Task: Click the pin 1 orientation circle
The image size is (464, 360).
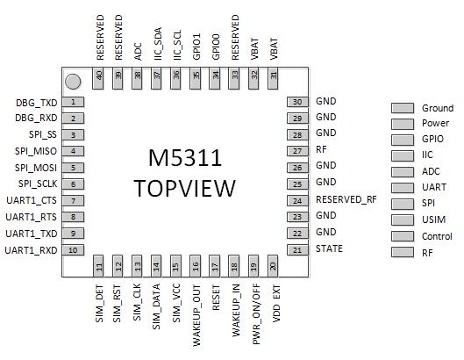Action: point(73,82)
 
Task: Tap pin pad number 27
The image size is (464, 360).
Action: point(297,151)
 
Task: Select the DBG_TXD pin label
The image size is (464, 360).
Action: point(36,103)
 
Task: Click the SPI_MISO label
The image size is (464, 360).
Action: point(36,151)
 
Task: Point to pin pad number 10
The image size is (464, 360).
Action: point(73,250)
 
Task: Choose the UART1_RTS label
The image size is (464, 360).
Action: point(31,217)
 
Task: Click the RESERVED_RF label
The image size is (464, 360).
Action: point(346,199)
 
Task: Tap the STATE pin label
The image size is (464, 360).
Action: point(329,248)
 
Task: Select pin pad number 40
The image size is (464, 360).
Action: point(98,78)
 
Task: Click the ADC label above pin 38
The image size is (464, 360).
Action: point(139,52)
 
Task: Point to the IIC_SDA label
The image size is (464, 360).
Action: point(158,44)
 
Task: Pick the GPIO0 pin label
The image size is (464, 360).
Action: point(216,47)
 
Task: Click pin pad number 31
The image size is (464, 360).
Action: point(273,78)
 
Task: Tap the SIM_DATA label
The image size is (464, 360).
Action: point(156,306)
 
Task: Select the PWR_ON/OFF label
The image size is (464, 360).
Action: point(256,314)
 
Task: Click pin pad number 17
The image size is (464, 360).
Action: point(215,265)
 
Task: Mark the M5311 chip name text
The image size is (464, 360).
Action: point(185,157)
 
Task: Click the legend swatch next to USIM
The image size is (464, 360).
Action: point(403,220)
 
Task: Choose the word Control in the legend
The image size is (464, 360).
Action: point(437,236)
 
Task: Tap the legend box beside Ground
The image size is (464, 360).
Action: point(403,108)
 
